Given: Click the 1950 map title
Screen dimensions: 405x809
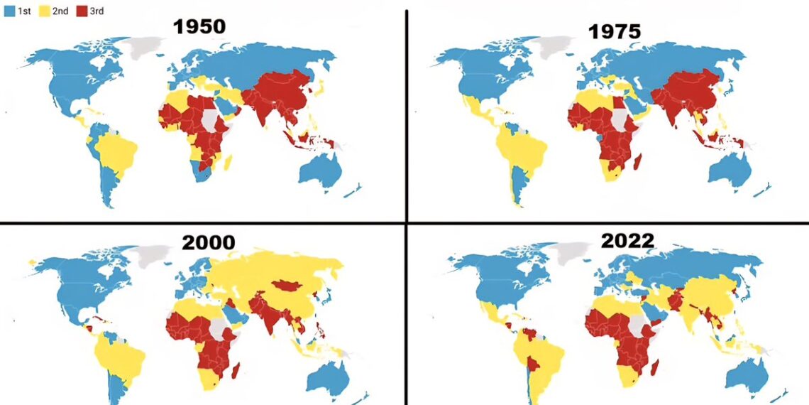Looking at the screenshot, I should coord(199,27).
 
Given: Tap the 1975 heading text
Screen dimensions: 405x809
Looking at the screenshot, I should coord(614,31).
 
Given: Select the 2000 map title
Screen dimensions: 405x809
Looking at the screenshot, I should coord(208,242).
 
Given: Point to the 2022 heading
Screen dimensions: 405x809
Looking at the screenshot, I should coord(627,240).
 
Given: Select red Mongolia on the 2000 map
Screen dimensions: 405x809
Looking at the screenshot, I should coord(292,286).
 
